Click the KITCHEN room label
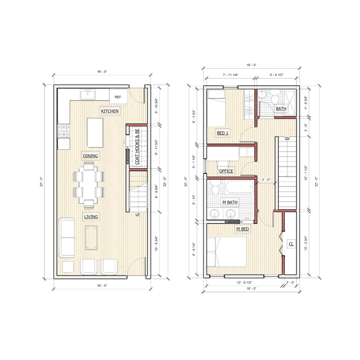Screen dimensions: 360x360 pyautogui.click(x=110, y=111)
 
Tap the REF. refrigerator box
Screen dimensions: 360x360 pyautogui.click(x=118, y=97)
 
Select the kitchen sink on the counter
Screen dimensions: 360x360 pyautogui.click(x=87, y=95)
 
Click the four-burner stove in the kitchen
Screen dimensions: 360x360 pyautogui.click(x=63, y=131)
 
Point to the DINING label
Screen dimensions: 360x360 pyautogui.click(x=91, y=156)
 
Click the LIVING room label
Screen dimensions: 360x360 pyautogui.click(x=91, y=217)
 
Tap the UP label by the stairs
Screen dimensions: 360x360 pyautogui.click(x=138, y=214)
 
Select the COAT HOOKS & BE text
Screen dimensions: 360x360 pyautogui.click(x=137, y=147)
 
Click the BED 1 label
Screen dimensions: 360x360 pyautogui.click(x=223, y=133)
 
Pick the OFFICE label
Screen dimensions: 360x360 pyautogui.click(x=226, y=171)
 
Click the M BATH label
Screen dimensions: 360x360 pyautogui.click(x=230, y=202)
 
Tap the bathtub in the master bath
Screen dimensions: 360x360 pyautogui.click(x=239, y=187)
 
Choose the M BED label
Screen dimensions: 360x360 pyautogui.click(x=243, y=229)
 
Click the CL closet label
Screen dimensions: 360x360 pyautogui.click(x=291, y=244)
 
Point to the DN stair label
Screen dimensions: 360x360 pyautogui.click(x=287, y=138)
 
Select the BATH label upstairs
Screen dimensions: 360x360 pyautogui.click(x=281, y=109)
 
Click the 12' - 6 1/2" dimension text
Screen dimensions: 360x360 pyautogui.click(x=244, y=283)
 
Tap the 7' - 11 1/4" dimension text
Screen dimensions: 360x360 pyautogui.click(x=230, y=75)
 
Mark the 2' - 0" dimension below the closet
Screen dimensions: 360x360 pyautogui.click(x=290, y=283)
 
